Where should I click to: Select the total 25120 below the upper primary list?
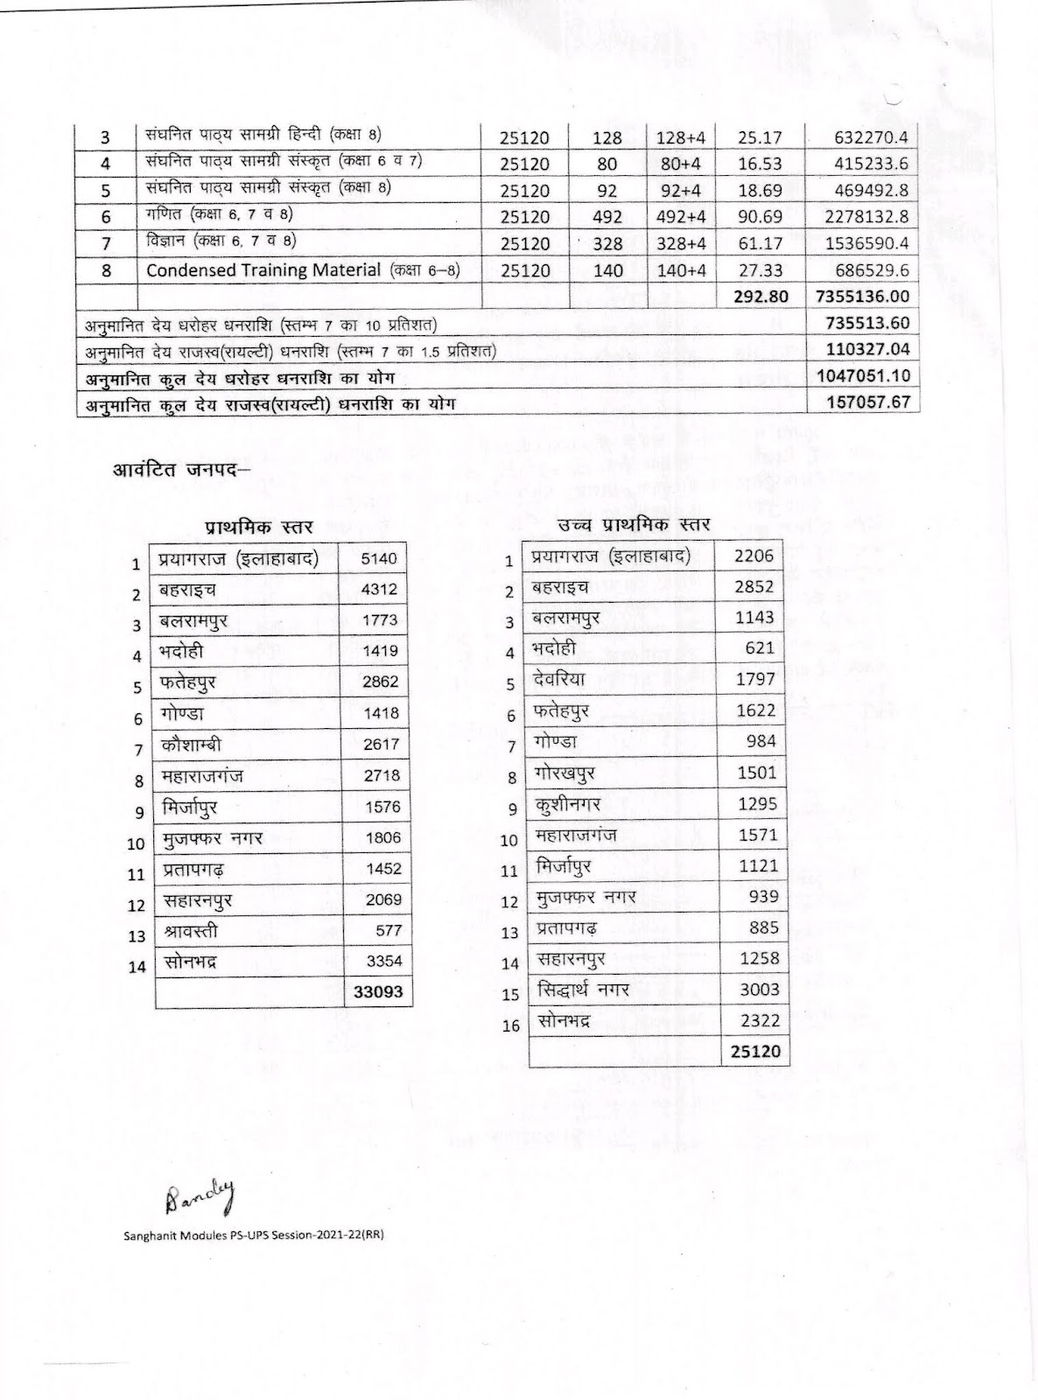[x=754, y=1051]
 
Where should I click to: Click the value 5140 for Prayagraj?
[x=379, y=558]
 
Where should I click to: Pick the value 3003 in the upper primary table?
[x=757, y=989]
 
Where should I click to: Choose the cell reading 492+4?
[x=681, y=217]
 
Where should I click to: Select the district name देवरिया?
[x=560, y=679]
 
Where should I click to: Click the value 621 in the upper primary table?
[x=760, y=647]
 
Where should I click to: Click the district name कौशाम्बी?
[x=190, y=745]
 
